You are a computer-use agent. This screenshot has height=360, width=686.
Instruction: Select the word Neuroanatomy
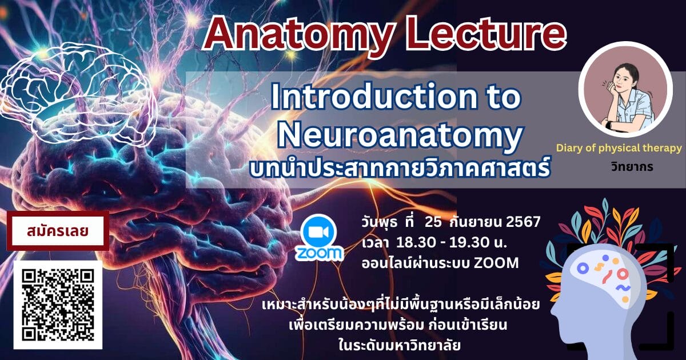400,136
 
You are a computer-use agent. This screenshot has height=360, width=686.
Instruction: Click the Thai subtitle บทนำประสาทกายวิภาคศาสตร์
400,166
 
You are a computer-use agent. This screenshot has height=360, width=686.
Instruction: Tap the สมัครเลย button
58,231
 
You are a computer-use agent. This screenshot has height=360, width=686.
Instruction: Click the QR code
58,305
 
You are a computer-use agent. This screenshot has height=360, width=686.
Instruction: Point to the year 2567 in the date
524,222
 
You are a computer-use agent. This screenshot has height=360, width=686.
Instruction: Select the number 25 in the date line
433,222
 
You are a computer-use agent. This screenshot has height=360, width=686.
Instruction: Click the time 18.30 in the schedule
416,243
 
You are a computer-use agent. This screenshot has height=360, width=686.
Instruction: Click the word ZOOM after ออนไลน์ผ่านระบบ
496,263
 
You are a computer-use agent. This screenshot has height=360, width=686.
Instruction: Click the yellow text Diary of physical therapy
619,148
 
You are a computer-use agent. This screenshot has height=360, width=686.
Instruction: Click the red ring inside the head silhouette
623,274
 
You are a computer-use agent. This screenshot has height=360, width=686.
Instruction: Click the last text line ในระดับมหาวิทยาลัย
400,345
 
